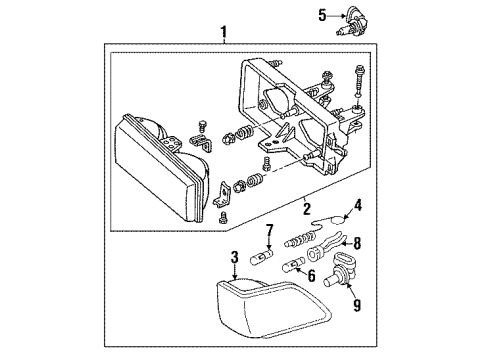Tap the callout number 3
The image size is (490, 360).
coord(234,258)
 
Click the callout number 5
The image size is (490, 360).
coord(322,14)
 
